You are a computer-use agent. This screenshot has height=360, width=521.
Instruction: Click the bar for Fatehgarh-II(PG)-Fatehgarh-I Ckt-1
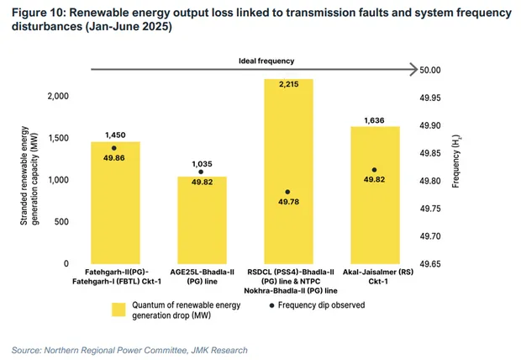115,202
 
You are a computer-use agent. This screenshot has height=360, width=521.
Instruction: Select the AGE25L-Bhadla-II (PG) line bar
202,220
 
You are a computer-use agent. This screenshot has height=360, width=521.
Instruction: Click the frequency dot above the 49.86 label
114,148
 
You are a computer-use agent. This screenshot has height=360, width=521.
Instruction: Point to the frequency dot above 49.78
288,193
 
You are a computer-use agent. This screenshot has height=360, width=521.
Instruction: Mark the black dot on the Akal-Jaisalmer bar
375,170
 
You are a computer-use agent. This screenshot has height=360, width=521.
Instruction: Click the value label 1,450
115,135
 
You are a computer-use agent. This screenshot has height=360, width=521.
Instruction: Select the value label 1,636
375,120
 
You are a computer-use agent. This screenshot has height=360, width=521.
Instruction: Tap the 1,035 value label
202,163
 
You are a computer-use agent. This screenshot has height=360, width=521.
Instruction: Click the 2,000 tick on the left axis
57,97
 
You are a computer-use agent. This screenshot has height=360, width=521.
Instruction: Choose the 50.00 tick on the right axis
435,71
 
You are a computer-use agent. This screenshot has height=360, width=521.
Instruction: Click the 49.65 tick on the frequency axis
435,264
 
